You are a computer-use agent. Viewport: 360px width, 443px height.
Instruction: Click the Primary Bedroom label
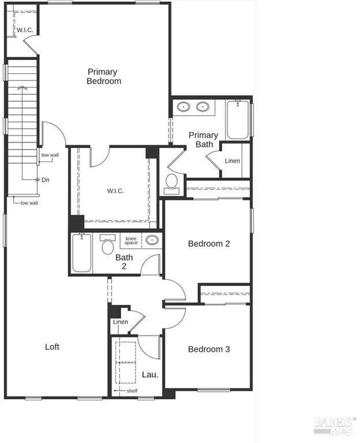pyautogui.click(x=104, y=76)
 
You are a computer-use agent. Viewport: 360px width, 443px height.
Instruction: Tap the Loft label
pyautogui.click(x=52, y=347)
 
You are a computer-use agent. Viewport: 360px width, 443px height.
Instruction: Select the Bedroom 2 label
pyautogui.click(x=209, y=244)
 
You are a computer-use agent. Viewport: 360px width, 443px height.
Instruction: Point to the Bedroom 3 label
pyautogui.click(x=209, y=349)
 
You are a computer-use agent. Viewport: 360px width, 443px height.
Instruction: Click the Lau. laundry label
pyautogui.click(x=150, y=375)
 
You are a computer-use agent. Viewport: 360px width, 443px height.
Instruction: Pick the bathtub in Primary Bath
pyautogui.click(x=238, y=119)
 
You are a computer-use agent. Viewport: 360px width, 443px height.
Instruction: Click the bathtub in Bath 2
pyautogui.click(x=82, y=253)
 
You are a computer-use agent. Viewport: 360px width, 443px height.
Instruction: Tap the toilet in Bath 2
pyautogui.click(x=107, y=245)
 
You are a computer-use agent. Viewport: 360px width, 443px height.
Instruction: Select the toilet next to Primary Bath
pyautogui.click(x=172, y=184)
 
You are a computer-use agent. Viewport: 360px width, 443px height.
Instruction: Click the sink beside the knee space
pyautogui.click(x=152, y=240)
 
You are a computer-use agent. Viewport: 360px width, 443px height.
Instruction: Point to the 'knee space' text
pyautogui.click(x=131, y=241)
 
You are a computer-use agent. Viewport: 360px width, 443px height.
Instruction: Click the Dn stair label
pyautogui.click(x=46, y=179)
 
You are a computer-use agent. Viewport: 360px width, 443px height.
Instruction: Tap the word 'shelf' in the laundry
pyautogui.click(x=132, y=391)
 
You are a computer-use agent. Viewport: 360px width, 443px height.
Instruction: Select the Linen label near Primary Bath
pyautogui.click(x=232, y=161)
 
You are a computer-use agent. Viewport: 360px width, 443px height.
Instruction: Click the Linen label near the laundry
pyautogui.click(x=121, y=322)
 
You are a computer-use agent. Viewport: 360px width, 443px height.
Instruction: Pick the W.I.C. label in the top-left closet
pyautogui.click(x=25, y=30)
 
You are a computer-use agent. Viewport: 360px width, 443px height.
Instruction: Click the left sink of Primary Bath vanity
pyautogui.click(x=183, y=107)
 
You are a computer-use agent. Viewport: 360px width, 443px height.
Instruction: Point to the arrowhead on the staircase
pyautogui.click(x=22, y=88)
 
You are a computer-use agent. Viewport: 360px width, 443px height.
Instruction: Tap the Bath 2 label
pyautogui.click(x=124, y=262)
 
